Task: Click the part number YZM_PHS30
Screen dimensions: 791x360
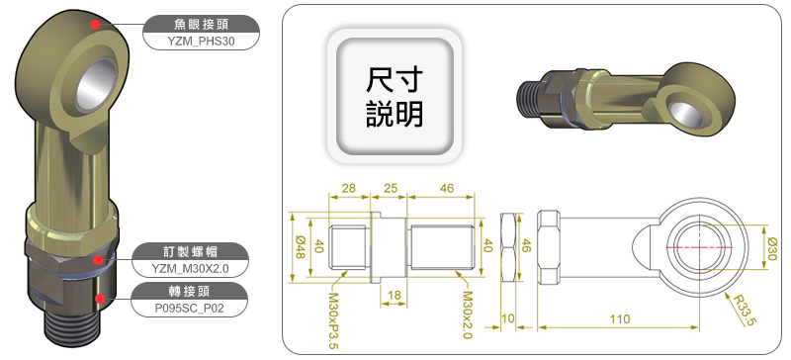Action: [x=202, y=42]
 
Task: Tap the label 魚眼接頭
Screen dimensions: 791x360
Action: [x=202, y=24]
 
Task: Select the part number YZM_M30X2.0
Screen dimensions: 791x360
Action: [x=190, y=269]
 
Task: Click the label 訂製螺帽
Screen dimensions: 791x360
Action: [x=190, y=251]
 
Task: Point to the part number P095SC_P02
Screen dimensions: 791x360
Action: [x=189, y=309]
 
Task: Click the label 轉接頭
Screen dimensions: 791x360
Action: [x=189, y=291]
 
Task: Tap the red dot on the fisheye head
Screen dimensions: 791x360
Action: [x=94, y=25]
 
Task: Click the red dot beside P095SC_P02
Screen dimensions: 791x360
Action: [x=101, y=299]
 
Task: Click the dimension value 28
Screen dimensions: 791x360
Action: [x=349, y=188]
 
